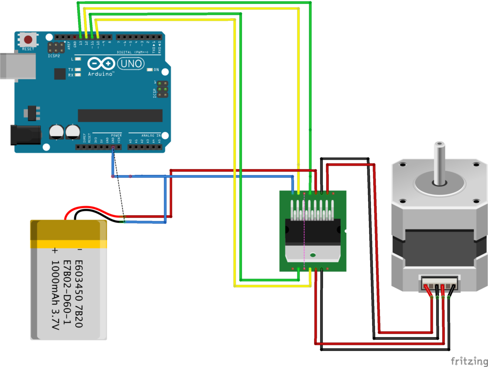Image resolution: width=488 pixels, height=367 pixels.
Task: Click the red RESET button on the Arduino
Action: click(x=28, y=40)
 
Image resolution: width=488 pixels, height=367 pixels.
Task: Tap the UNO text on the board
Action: click(x=129, y=63)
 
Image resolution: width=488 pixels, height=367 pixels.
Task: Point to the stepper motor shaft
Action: click(x=439, y=162)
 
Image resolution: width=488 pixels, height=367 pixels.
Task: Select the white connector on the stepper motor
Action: click(x=439, y=281)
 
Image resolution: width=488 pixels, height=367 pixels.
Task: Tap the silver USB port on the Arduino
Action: click(x=17, y=66)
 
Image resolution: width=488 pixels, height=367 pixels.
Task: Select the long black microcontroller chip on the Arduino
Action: click(x=120, y=116)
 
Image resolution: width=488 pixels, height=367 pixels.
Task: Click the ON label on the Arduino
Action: click(x=156, y=69)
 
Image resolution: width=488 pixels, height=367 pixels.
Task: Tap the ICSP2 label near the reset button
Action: click(x=54, y=56)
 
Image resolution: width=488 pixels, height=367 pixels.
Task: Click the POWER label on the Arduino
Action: click(x=116, y=135)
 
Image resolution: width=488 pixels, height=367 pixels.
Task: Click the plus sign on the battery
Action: click(x=55, y=250)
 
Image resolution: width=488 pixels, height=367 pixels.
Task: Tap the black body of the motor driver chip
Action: click(x=312, y=233)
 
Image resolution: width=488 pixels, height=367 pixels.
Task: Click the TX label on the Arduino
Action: click(x=71, y=69)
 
